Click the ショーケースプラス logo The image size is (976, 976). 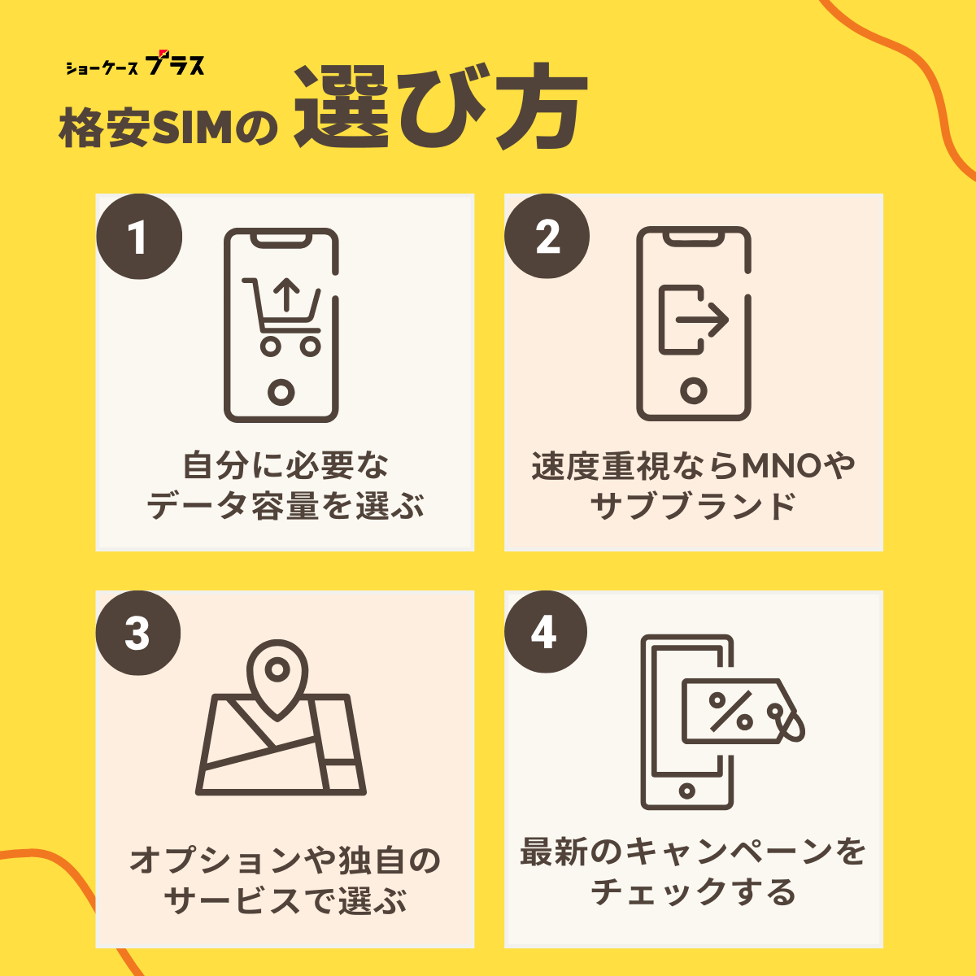(135, 64)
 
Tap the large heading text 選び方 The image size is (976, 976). (441, 107)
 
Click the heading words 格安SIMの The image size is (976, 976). (168, 128)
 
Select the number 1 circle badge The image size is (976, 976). (139, 237)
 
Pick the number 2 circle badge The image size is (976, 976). (547, 236)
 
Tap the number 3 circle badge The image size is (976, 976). (138, 633)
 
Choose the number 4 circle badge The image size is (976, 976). (546, 632)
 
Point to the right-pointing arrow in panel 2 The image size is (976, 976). (702, 320)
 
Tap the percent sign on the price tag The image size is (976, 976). (731, 712)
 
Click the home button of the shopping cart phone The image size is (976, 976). (281, 392)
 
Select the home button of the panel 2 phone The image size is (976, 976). (694, 390)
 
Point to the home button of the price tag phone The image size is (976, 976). (686, 791)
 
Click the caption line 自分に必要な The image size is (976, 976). (285, 465)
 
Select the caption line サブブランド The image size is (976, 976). (694, 506)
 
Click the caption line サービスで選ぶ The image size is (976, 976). (285, 902)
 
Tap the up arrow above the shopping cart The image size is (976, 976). (287, 294)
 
